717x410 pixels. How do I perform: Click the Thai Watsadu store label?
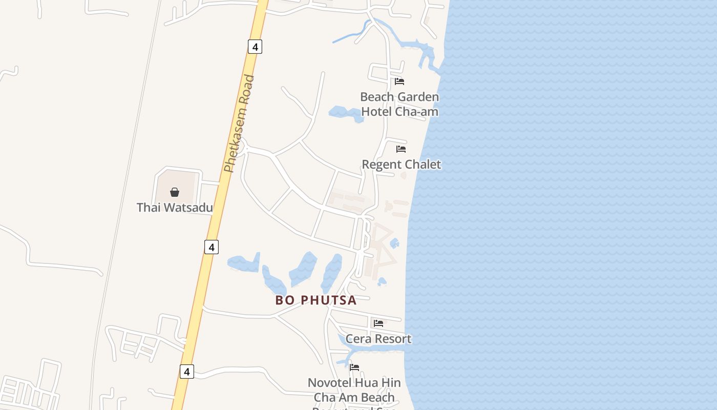tap(174, 208)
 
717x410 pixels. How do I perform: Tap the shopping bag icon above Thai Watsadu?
tap(175, 192)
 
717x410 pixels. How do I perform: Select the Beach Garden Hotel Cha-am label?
tap(399, 104)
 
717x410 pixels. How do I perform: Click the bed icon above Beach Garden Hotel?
tap(399, 81)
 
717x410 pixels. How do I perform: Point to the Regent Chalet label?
tap(401, 165)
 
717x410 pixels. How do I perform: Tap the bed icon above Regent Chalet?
tap(401, 149)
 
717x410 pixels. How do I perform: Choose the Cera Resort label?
tap(378, 339)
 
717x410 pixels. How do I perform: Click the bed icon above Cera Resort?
tap(378, 323)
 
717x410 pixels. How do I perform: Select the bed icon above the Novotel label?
tap(354, 367)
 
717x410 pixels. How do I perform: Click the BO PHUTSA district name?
tap(315, 300)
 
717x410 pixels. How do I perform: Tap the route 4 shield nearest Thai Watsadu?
tap(211, 247)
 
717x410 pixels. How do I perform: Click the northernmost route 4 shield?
tap(255, 47)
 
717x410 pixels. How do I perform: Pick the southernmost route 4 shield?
tap(187, 372)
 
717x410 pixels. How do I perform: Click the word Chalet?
tap(421, 165)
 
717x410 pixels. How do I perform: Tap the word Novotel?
tap(329, 383)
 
